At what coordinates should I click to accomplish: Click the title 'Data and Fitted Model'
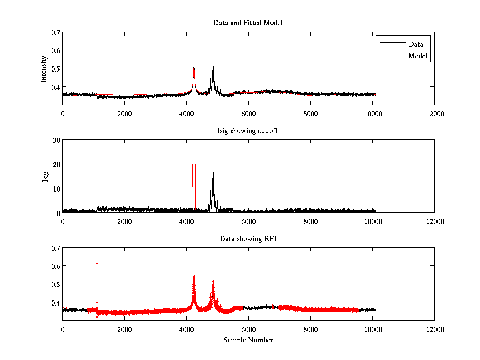pyautogui.click(x=248, y=23)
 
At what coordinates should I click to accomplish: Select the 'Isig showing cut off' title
pyautogui.click(x=248, y=131)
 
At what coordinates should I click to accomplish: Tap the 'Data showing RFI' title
pyautogui.click(x=248, y=239)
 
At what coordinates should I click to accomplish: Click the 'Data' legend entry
pyautogui.click(x=416, y=44)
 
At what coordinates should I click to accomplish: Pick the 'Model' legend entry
pyautogui.click(x=418, y=56)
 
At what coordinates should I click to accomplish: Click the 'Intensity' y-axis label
pyautogui.click(x=44, y=68)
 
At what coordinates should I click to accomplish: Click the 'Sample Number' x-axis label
pyautogui.click(x=248, y=340)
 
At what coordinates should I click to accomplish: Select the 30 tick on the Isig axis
pyautogui.click(x=55, y=140)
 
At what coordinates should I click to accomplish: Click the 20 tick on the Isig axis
pyautogui.click(x=55, y=164)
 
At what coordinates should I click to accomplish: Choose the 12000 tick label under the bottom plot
pyautogui.click(x=434, y=330)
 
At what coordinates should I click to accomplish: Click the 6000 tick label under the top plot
pyautogui.click(x=248, y=114)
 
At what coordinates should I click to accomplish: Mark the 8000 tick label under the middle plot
pyautogui.click(x=310, y=222)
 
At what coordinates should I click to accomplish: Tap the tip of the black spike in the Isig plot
pyautogui.click(x=97, y=146)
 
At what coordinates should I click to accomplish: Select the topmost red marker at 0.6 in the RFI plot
pyautogui.click(x=97, y=264)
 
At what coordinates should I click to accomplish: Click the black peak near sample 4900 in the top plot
pyautogui.click(x=213, y=67)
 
